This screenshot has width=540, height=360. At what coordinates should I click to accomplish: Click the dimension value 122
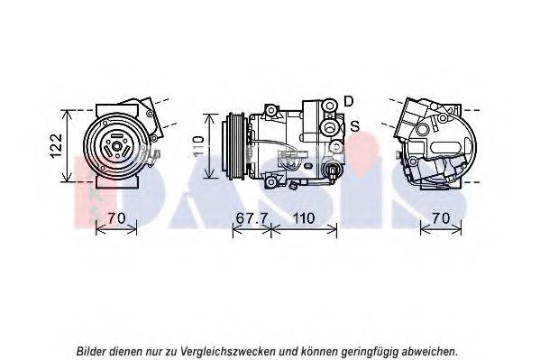(57, 145)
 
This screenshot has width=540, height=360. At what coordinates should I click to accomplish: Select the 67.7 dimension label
(252, 218)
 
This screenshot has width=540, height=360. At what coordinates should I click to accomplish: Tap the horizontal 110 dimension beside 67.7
(304, 218)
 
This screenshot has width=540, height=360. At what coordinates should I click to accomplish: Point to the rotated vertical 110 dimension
(198, 146)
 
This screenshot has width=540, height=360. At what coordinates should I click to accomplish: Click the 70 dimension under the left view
(116, 218)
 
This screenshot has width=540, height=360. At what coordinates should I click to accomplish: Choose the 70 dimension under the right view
(441, 218)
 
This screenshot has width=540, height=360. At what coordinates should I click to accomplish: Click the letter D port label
(349, 101)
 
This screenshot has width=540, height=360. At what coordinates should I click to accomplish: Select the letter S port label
(354, 125)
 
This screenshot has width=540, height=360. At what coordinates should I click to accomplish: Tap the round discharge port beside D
(330, 106)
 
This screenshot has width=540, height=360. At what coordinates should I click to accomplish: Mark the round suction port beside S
(330, 128)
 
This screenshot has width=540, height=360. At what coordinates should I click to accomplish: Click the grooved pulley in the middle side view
(234, 146)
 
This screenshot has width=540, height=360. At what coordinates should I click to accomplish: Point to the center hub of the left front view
(116, 146)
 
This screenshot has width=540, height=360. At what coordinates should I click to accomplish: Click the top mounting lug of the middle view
(271, 111)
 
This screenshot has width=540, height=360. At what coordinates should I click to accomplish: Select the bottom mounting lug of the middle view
(271, 181)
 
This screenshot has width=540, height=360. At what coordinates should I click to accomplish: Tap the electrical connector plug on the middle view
(333, 171)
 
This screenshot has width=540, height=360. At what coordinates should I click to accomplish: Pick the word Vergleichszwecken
(228, 352)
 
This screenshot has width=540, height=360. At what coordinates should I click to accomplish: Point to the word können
(319, 351)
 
